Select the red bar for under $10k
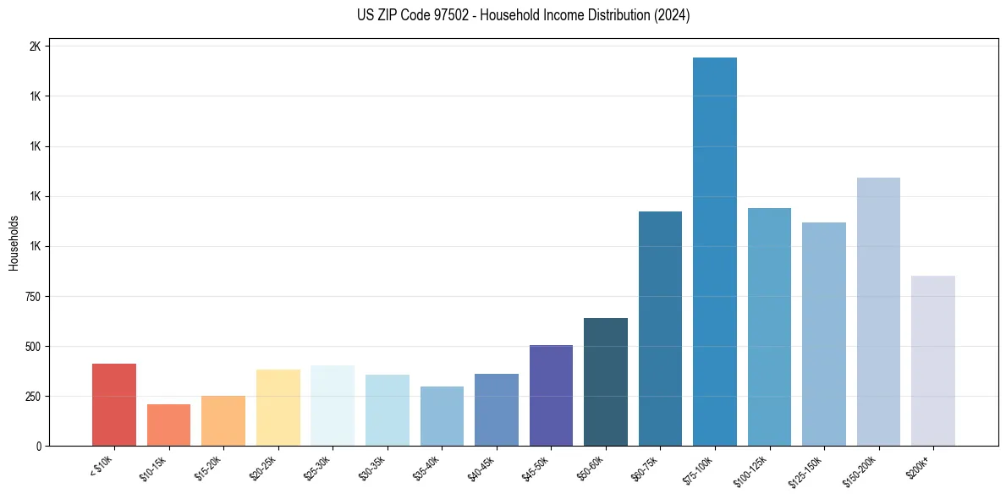tap(114, 404)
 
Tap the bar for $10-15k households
tap(168, 425)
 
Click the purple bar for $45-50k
tap(551, 395)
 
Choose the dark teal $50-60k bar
tap(606, 381)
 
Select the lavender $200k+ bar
tap(933, 360)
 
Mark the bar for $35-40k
tap(442, 416)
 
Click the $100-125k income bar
tap(769, 326)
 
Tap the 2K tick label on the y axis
tap(35, 47)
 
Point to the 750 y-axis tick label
tap(31, 297)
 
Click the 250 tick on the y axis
tap(31, 397)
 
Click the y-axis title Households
tap(14, 243)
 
